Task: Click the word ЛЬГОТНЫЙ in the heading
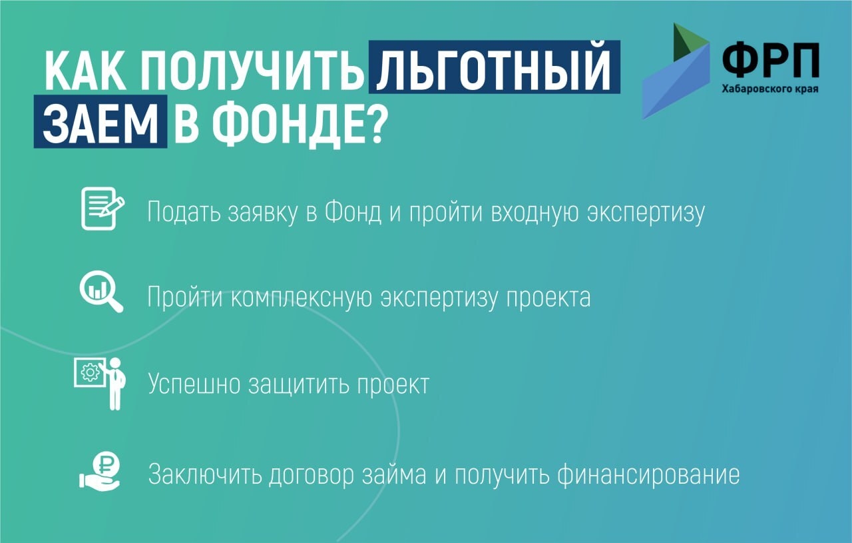(x=494, y=67)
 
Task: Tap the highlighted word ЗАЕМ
(x=101, y=121)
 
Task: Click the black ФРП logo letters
(x=770, y=60)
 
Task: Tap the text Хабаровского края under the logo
(x=770, y=89)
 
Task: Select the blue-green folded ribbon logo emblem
(x=676, y=71)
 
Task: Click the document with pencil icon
(x=103, y=209)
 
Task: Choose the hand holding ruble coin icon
(x=100, y=471)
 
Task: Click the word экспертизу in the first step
(x=646, y=213)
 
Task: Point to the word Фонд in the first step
(x=353, y=211)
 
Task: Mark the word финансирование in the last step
(x=648, y=475)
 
